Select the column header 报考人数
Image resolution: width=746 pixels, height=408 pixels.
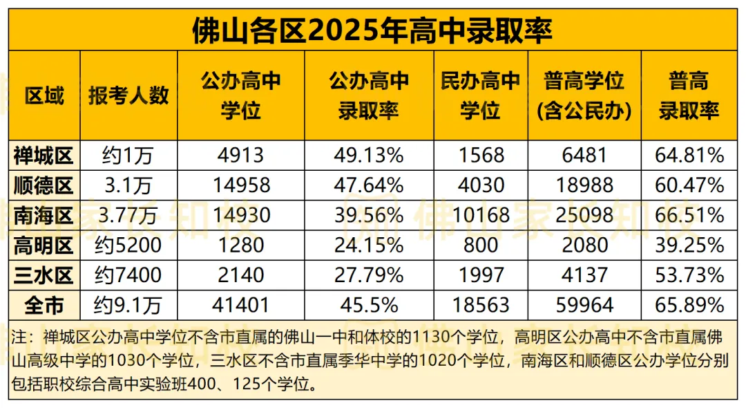(x=128, y=95)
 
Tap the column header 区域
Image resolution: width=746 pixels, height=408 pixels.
(x=44, y=95)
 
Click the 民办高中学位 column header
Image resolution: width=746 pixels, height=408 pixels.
(x=480, y=95)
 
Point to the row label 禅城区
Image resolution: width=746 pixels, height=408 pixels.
(x=44, y=155)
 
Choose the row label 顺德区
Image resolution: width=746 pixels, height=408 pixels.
(x=44, y=185)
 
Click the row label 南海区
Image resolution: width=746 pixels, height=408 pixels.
(x=44, y=216)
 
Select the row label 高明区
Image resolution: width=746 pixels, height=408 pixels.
(x=44, y=245)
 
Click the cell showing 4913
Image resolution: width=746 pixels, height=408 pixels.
(x=240, y=155)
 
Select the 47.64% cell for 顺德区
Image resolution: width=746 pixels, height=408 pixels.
(x=368, y=185)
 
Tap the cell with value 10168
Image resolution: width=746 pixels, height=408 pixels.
(x=480, y=216)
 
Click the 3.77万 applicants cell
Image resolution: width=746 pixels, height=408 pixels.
(x=128, y=216)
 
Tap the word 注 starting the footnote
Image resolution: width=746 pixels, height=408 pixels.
(x=21, y=337)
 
